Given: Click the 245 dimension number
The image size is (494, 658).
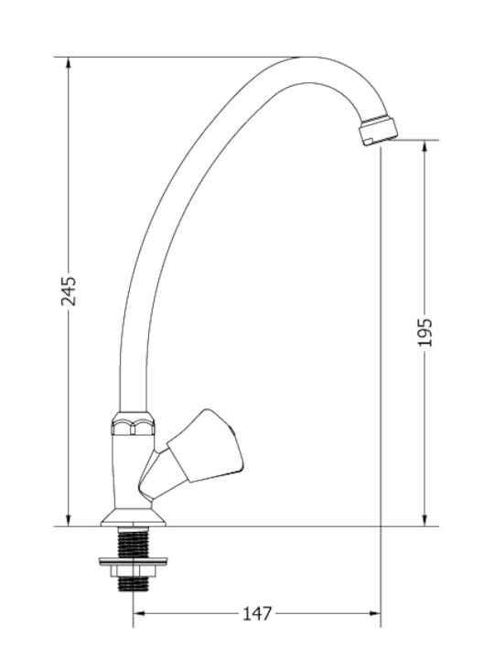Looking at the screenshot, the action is (x=69, y=291).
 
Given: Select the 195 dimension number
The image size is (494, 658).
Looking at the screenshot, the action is (x=424, y=333).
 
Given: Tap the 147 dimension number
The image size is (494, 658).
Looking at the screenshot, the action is (x=257, y=614).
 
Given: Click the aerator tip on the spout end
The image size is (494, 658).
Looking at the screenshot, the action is (x=379, y=132).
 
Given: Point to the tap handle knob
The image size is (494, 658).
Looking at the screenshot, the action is (x=206, y=446).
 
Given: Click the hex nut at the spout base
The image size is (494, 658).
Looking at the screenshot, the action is (x=133, y=424).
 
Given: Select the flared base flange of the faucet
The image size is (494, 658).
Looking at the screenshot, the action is (x=134, y=518).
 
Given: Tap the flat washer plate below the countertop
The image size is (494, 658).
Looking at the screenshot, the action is (x=134, y=560).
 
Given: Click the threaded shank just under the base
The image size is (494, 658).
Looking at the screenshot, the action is (x=134, y=542).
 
